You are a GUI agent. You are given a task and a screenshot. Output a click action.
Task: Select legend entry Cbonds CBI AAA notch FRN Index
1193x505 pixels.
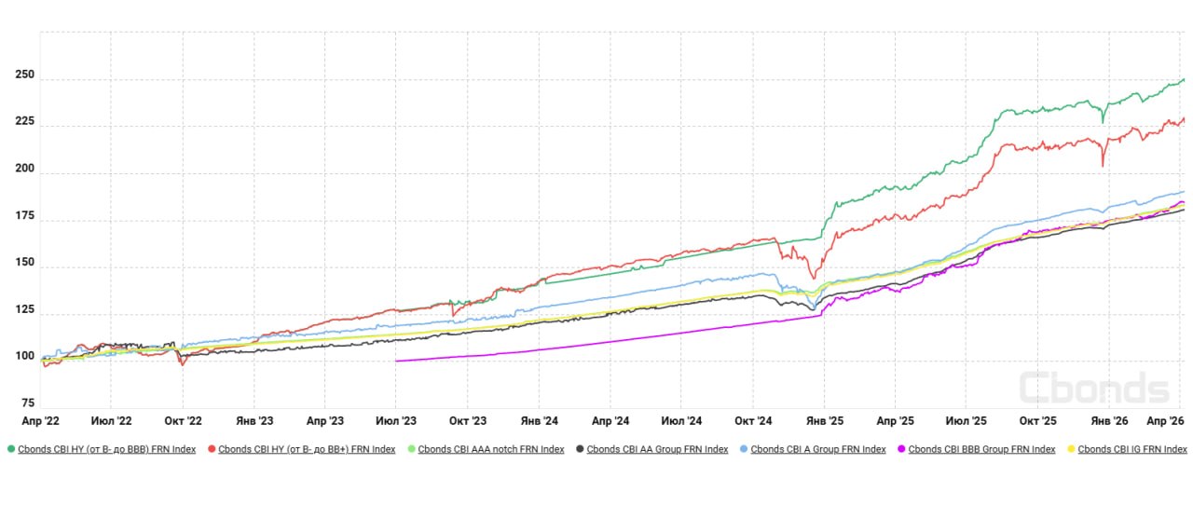point(490,449)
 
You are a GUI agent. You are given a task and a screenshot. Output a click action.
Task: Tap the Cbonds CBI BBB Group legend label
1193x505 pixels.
point(981,449)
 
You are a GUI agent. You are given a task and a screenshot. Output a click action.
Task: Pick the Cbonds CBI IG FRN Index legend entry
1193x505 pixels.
point(1131,449)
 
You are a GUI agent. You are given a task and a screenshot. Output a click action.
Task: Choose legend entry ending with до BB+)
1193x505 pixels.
point(307,449)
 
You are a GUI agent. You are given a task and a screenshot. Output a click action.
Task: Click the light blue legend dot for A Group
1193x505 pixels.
point(743,449)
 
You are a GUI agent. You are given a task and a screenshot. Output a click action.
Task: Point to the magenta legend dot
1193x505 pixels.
point(901,449)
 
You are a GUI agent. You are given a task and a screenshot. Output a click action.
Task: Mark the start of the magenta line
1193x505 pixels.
point(396,361)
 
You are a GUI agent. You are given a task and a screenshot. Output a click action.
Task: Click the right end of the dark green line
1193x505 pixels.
point(1184,79)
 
